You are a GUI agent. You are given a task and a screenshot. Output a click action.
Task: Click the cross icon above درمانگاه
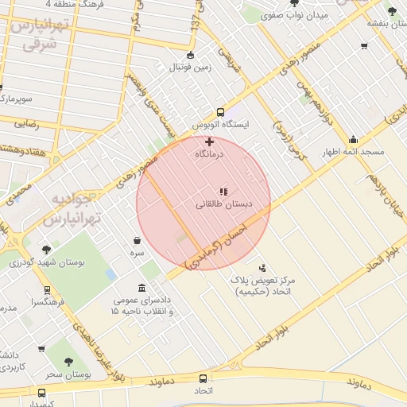pos(209,141)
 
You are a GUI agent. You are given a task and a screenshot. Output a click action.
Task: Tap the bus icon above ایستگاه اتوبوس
pos(221,113)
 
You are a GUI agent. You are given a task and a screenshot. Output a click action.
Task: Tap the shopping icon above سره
pos(138,240)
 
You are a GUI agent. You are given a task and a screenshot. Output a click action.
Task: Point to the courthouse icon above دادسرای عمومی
pos(141,287)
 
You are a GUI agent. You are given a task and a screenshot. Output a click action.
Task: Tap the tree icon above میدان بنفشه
pos(391,10)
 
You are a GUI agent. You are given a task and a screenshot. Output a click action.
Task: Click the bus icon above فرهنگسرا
pos(47,291)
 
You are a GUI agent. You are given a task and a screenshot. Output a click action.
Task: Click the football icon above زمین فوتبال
pos(189,55)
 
